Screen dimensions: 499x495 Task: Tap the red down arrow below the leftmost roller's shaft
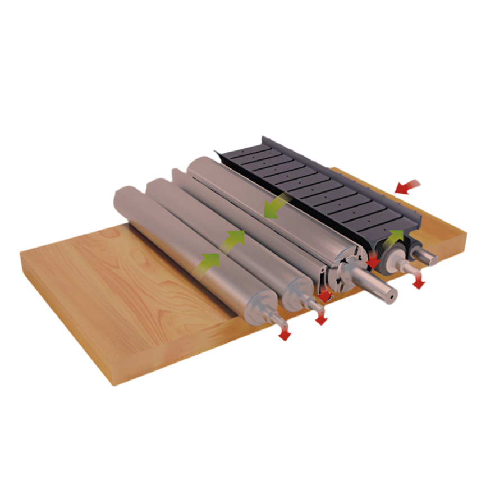[x=285, y=335]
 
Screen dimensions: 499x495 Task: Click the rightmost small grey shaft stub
[x=431, y=258]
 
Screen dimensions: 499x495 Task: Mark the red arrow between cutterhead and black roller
[x=373, y=263]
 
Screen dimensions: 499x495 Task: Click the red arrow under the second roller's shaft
[x=321, y=319]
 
